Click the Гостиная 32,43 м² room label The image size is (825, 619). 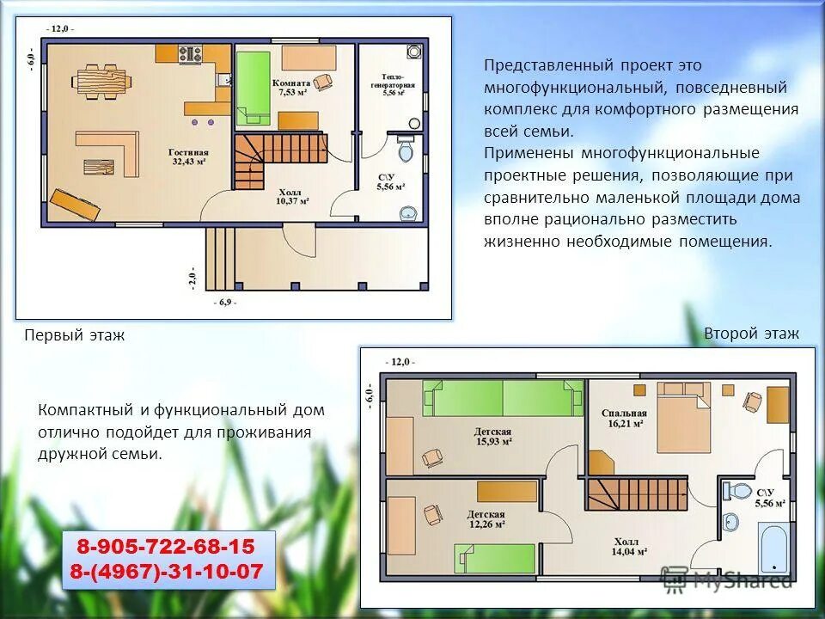click(x=188, y=156)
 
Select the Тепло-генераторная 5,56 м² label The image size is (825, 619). click(x=393, y=85)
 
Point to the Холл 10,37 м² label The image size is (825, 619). click(x=292, y=196)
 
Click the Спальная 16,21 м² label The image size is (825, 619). click(x=624, y=419)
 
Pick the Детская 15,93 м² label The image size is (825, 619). click(x=493, y=437)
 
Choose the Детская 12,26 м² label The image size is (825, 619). click(x=486, y=519)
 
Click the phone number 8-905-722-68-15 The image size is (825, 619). click(x=166, y=547)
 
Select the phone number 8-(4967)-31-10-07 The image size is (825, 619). click(x=166, y=571)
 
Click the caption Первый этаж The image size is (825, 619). click(x=74, y=335)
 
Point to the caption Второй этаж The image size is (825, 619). click(x=751, y=334)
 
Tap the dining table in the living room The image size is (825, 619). click(x=101, y=83)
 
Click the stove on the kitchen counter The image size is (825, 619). click(x=191, y=54)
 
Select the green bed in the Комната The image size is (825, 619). click(x=253, y=88)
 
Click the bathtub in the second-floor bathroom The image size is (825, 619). click(x=774, y=548)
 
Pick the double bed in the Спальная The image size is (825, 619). click(x=683, y=418)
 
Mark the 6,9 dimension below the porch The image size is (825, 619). click(x=224, y=303)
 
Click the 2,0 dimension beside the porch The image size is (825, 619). click(x=192, y=278)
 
